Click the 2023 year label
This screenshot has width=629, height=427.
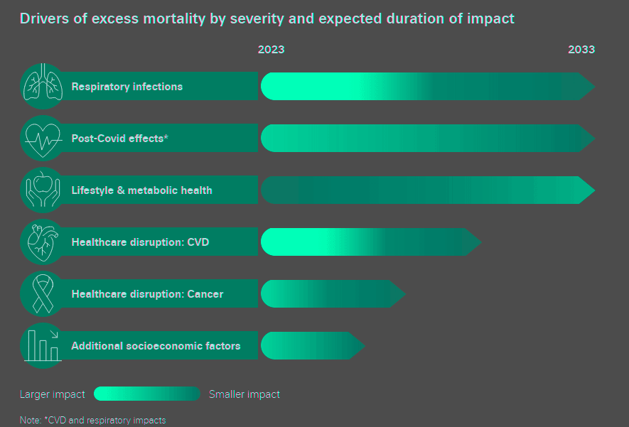click(x=271, y=50)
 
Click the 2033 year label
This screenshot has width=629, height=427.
click(x=581, y=50)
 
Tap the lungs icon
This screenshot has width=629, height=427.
click(x=42, y=87)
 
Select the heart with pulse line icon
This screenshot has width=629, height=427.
click(x=42, y=138)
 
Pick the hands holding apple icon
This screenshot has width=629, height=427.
click(x=42, y=190)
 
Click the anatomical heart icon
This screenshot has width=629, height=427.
click(x=42, y=242)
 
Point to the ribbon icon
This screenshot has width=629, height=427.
click(x=42, y=293)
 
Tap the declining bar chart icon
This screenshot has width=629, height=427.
click(x=42, y=345)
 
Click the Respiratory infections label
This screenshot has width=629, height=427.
click(x=127, y=87)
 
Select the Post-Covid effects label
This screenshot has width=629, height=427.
click(x=119, y=139)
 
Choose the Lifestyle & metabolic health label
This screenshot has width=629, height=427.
click(x=141, y=190)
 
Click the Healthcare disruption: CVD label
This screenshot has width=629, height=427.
click(x=140, y=242)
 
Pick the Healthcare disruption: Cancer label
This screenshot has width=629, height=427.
click(x=147, y=294)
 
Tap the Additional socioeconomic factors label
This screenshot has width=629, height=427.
click(x=156, y=346)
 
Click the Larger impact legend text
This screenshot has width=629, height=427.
click(x=52, y=394)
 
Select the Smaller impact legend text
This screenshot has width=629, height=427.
click(x=244, y=394)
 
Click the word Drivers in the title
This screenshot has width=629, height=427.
click(x=43, y=18)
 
